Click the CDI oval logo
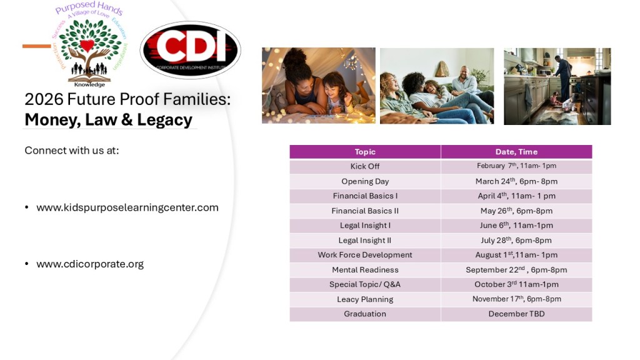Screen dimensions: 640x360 click(x=190, y=50)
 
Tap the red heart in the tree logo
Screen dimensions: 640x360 click(x=86, y=45)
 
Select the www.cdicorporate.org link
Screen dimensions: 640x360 click(x=90, y=264)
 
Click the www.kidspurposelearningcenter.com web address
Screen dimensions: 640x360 click(x=127, y=207)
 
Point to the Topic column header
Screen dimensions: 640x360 click(x=365, y=152)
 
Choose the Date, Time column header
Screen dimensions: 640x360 click(x=516, y=152)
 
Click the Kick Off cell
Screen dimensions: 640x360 click(x=365, y=166)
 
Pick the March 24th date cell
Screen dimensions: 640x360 click(x=516, y=181)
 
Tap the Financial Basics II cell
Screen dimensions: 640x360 click(x=365, y=211)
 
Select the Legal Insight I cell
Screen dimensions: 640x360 click(x=365, y=226)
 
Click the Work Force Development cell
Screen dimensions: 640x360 click(x=365, y=255)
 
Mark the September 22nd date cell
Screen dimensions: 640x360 click(x=516, y=270)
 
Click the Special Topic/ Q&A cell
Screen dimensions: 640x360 click(x=365, y=284)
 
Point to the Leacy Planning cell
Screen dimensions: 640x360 click(x=365, y=299)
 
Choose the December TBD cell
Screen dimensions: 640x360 click(x=516, y=314)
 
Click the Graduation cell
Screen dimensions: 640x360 click(x=365, y=314)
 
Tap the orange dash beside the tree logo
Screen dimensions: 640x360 click(x=37, y=46)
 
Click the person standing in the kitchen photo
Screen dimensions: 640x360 click(x=564, y=77)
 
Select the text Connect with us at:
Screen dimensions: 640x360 click(x=72, y=151)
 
